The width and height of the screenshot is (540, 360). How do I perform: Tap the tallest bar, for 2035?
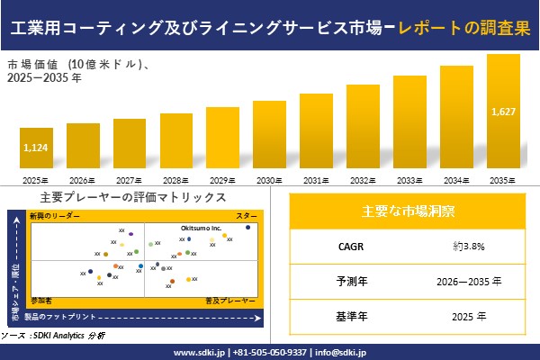point(503,112)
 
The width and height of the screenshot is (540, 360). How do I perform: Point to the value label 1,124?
point(36,148)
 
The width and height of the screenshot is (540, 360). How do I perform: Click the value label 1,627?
point(503,111)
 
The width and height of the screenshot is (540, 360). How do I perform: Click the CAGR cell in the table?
point(345,245)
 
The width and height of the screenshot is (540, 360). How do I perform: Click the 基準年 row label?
point(345,317)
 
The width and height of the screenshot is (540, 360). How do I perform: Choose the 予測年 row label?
point(345,281)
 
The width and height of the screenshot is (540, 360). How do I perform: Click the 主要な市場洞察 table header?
point(408,211)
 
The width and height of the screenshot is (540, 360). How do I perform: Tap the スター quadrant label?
point(247,217)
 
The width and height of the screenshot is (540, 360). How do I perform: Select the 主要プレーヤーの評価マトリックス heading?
point(133,197)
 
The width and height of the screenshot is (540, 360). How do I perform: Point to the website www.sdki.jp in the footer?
point(199,352)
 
